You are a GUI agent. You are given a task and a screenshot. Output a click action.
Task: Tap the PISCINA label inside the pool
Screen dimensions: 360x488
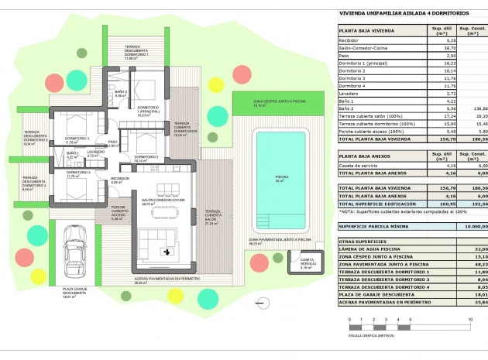(x=281, y=177)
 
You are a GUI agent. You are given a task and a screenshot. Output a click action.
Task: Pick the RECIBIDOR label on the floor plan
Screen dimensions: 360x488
(x=119, y=179)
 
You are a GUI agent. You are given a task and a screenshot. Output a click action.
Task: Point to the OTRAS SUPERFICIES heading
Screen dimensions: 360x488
(x=363, y=242)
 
